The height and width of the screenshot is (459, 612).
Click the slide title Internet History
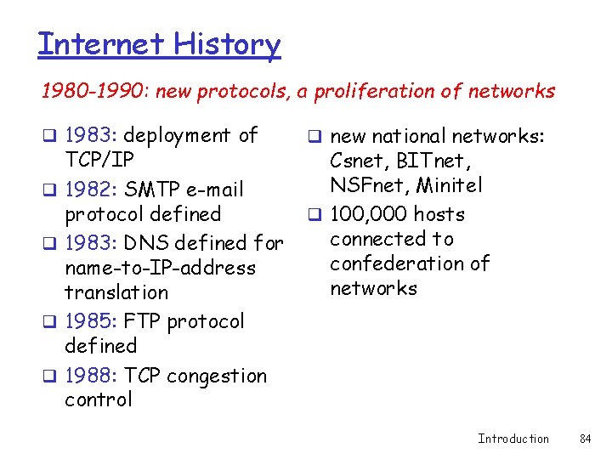[x=159, y=43]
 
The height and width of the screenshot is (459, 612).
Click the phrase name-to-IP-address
[x=160, y=268]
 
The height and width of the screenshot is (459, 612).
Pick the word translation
[x=116, y=292]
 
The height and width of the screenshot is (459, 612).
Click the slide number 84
[x=585, y=439]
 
